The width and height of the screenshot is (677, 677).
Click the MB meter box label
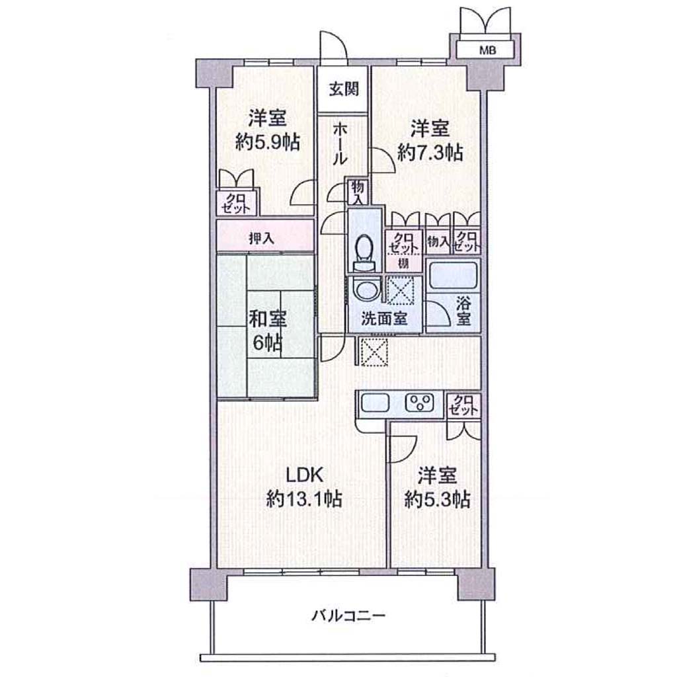487,50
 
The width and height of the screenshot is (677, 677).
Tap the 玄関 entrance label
344,89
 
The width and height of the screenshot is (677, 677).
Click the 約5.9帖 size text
268,142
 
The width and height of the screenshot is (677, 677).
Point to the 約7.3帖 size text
430,153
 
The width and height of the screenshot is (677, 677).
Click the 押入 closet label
262,238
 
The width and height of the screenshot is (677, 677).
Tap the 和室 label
268,319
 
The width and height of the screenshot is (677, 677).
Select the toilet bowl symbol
365,253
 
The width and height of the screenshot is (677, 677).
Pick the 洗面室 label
384,319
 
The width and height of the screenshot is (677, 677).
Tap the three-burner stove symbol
419,403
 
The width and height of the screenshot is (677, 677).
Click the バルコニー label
348,616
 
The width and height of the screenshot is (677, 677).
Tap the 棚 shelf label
403,263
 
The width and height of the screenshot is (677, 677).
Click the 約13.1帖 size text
304,499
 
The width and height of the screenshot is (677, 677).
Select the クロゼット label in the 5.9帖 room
236,204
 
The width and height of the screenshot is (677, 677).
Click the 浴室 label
463,311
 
